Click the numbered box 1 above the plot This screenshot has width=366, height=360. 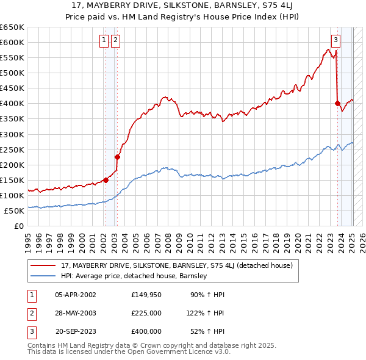point(104,41)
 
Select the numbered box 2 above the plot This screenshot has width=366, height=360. point(116,41)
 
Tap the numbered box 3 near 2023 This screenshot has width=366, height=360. point(335,41)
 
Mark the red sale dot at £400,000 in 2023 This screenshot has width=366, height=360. point(337,103)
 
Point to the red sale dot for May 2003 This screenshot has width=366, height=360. point(117,157)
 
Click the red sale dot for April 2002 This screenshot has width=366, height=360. point(106,180)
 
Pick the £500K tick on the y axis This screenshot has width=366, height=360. point(12,73)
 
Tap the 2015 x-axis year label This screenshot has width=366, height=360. point(243,240)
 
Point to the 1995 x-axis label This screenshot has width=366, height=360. point(28,240)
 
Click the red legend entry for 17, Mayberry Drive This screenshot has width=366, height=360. point(177,265)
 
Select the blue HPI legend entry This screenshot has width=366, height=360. point(134,276)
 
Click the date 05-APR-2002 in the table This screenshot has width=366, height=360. point(75,295)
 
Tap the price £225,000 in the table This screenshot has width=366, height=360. point(146,313)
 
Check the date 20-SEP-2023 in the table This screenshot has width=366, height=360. point(75,331)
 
